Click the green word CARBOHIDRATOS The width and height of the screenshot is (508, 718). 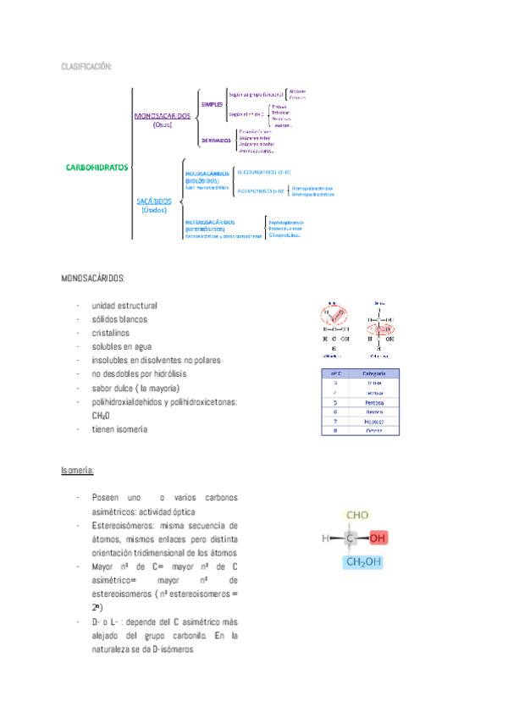(97, 167)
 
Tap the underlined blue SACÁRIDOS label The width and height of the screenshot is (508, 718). (154, 202)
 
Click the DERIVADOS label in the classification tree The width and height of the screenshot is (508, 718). (216, 141)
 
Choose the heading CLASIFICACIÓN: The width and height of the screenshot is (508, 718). (86, 66)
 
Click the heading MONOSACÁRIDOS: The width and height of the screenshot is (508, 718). (93, 278)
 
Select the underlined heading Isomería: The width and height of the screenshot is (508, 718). (78, 469)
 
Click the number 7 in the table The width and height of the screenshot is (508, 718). (336, 421)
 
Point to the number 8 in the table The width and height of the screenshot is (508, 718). (336, 430)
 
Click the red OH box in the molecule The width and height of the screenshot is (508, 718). (378, 538)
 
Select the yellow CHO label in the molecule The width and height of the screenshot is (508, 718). (357, 515)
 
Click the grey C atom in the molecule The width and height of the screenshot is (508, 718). (350, 538)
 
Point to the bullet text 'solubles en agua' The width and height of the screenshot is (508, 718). (122, 346)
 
